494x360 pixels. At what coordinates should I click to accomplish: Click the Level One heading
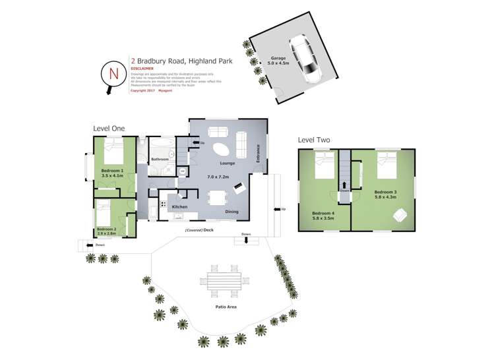point(109,129)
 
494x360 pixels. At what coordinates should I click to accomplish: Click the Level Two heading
point(314,140)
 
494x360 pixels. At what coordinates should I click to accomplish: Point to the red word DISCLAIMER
point(142,68)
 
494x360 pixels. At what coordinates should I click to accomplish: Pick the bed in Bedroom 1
point(110,152)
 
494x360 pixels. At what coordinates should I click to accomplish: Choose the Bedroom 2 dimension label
point(106,231)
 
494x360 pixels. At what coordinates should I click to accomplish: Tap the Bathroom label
point(160,160)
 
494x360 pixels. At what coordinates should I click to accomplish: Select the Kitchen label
point(180,207)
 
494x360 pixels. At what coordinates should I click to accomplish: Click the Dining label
point(232,212)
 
